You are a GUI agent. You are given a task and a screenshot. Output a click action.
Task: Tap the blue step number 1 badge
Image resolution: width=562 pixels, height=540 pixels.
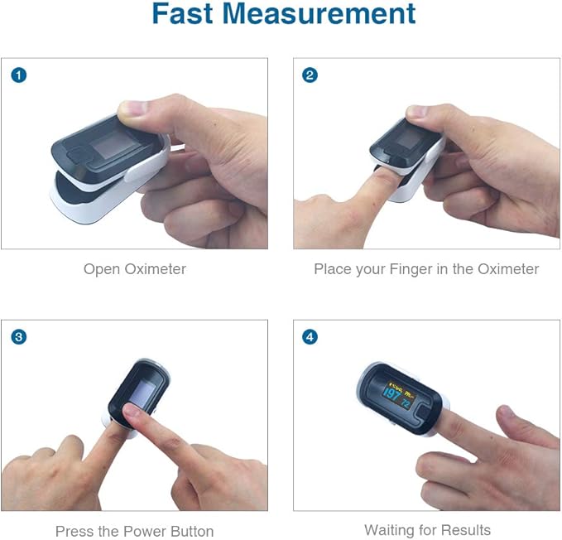(18, 75)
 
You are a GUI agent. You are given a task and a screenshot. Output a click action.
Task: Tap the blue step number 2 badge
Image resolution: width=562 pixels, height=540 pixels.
(310, 75)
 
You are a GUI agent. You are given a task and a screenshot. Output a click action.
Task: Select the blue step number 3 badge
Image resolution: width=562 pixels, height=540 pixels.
(18, 337)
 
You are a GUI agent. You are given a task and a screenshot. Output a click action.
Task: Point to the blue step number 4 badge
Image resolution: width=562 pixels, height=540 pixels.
(310, 337)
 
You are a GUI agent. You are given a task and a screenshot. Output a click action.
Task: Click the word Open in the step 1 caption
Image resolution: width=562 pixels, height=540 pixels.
(101, 269)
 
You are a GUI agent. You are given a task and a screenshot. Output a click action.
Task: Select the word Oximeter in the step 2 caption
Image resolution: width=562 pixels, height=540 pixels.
(507, 269)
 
